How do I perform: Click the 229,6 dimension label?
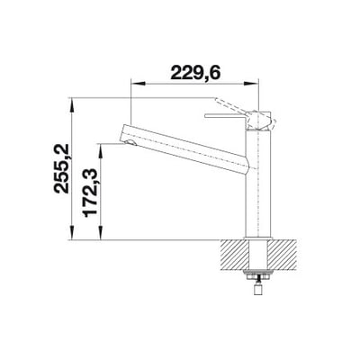(x=195, y=72)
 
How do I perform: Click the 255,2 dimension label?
(x=62, y=168)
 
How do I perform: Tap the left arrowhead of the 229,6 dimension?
(x=138, y=85)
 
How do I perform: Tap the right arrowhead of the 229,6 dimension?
(x=251, y=85)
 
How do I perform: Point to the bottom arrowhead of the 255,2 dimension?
(x=72, y=233)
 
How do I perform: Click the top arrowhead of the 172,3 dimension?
(x=101, y=150)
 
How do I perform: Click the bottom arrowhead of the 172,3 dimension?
(x=101, y=233)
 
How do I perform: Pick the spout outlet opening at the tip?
(x=130, y=143)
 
